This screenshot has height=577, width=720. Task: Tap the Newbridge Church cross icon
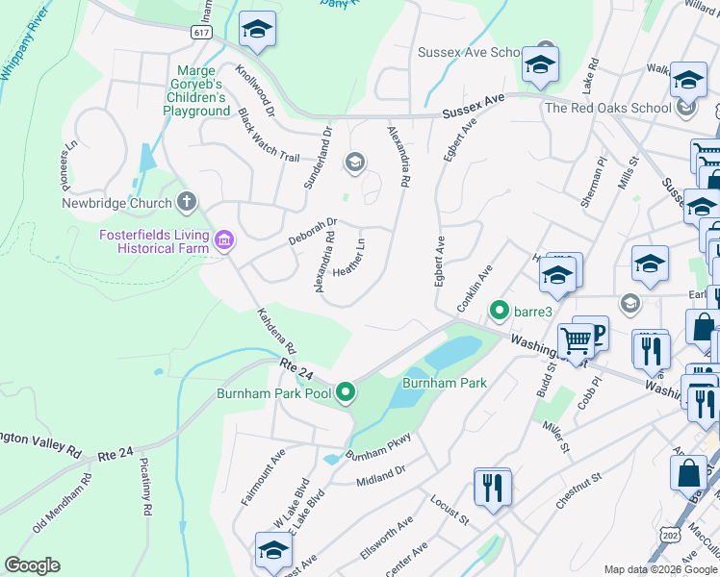187,202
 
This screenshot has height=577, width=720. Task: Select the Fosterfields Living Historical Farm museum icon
224,239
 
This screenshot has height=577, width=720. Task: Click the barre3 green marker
499,311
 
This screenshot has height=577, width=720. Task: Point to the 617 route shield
201,32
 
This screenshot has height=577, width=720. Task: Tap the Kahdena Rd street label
275,330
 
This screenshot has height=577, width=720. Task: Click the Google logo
32,565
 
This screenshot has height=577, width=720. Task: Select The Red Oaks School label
607,108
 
